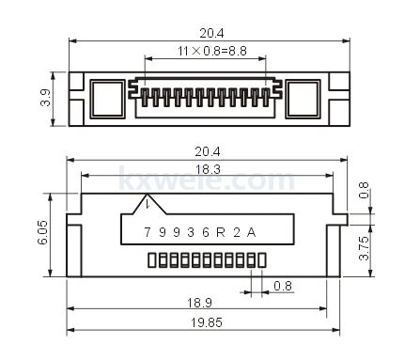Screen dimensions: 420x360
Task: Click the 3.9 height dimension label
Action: click(x=46, y=98)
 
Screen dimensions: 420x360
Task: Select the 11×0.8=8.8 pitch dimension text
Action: click(x=212, y=51)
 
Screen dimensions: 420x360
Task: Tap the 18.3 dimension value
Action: click(x=208, y=169)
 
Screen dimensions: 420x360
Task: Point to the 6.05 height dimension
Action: click(x=42, y=232)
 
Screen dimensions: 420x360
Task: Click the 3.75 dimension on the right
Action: click(x=364, y=248)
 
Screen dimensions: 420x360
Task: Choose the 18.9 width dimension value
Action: click(x=199, y=303)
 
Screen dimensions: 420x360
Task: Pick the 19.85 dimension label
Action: click(x=207, y=322)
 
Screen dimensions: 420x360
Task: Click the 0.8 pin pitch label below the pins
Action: click(x=283, y=286)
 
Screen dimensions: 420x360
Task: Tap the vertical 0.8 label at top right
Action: click(x=364, y=190)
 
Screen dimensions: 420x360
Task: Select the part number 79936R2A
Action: click(x=200, y=232)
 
